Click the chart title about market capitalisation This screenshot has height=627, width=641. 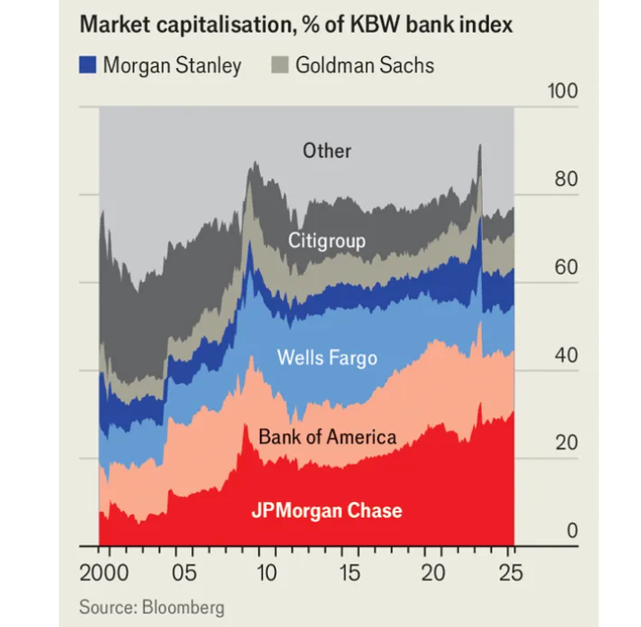(x=296, y=24)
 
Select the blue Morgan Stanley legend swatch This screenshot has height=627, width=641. (x=87, y=64)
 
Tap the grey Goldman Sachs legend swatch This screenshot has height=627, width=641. (x=279, y=64)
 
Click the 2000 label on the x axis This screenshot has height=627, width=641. (x=104, y=572)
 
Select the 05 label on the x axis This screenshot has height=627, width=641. (x=184, y=572)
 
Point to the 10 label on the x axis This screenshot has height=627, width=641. (x=266, y=572)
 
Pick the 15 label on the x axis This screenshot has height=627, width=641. (x=349, y=572)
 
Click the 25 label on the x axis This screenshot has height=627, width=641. (x=513, y=572)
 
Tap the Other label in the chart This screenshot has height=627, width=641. (x=327, y=150)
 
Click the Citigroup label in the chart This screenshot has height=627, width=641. (x=327, y=241)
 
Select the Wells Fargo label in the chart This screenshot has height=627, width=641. (x=327, y=358)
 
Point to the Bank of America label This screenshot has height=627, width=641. (x=327, y=437)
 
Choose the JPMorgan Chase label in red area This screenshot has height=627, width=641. (x=327, y=511)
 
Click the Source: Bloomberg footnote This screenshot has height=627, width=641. (x=152, y=607)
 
